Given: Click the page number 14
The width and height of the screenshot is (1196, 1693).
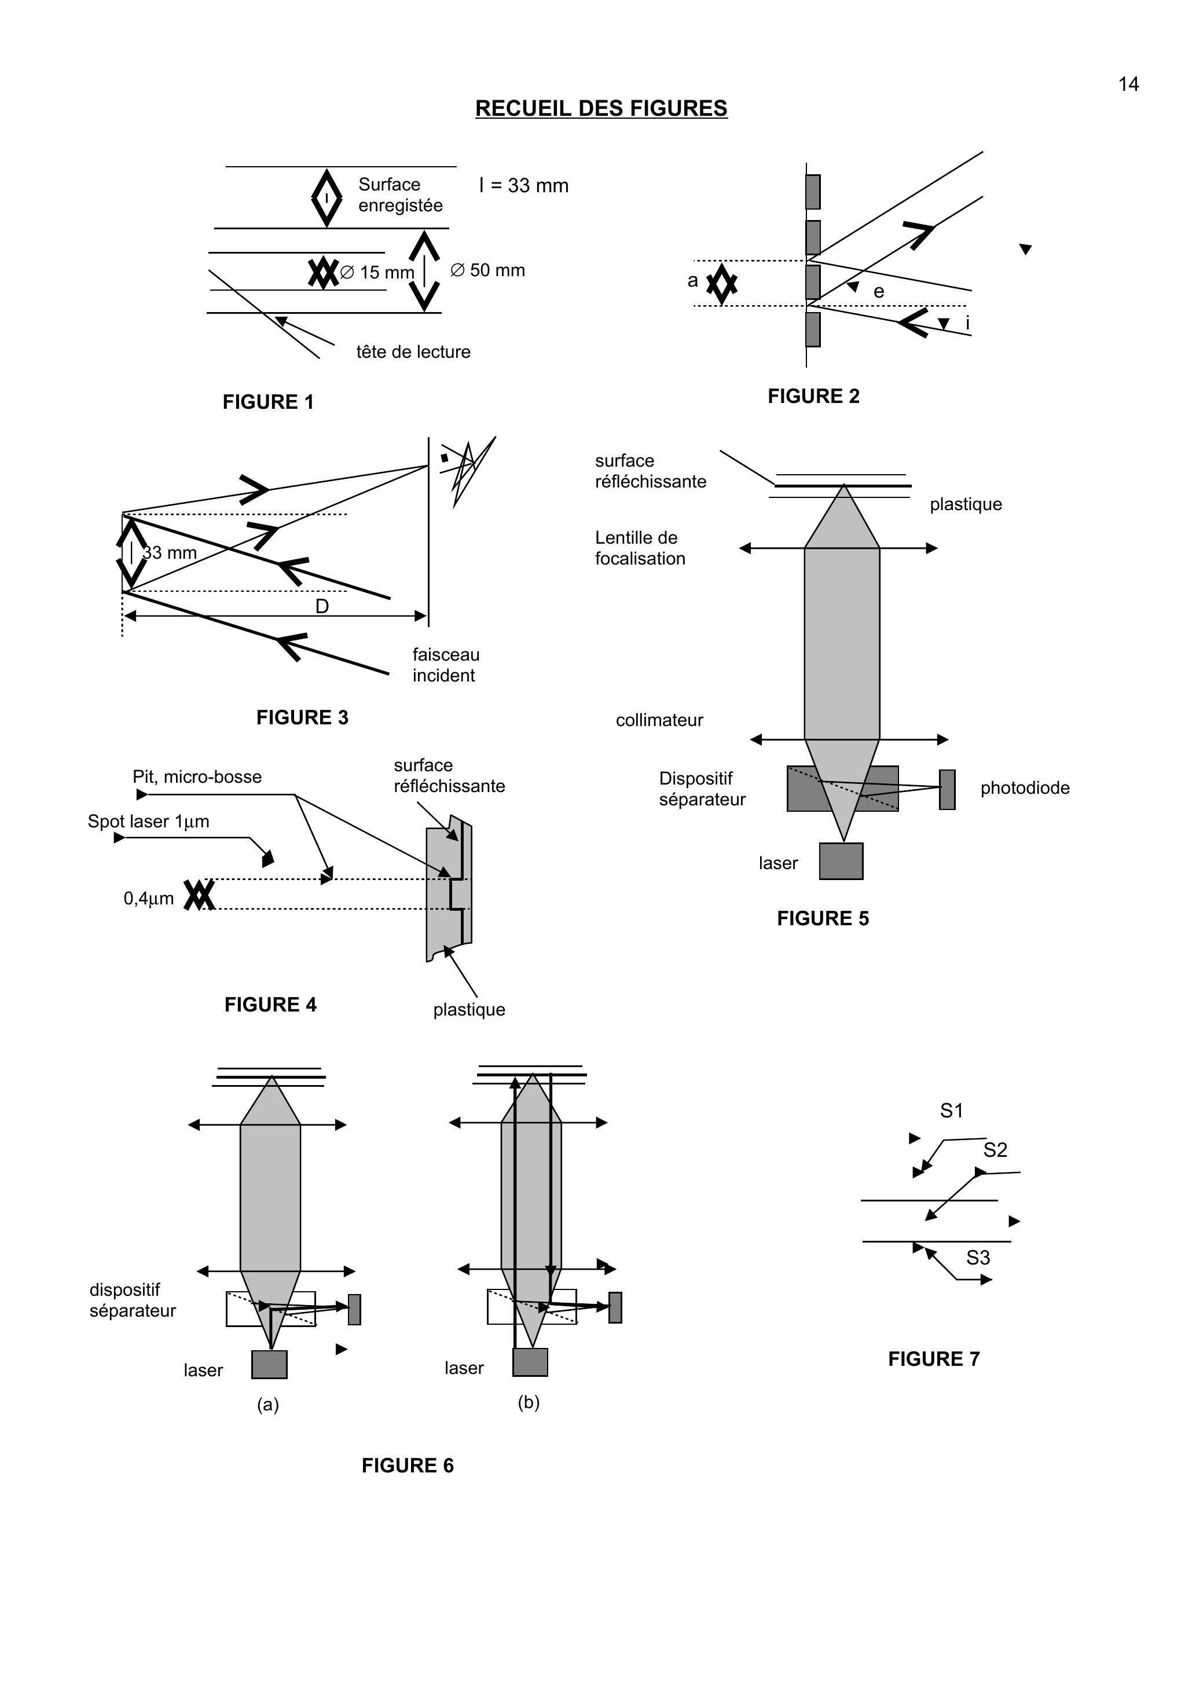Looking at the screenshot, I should coord(1128,85).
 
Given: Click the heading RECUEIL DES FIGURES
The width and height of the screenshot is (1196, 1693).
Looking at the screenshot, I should coord(601,108).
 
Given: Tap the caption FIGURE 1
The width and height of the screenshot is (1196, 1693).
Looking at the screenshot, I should coord(269,402).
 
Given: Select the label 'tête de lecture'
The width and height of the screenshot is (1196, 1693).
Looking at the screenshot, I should coord(413,351).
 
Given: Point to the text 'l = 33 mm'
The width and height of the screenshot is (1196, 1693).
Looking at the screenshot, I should coord(523,186).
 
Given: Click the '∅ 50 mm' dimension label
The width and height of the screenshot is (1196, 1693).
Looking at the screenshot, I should coord(487,270).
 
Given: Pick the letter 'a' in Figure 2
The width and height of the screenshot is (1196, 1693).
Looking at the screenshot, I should coord(692,281).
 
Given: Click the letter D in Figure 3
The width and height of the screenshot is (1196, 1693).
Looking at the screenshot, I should coord(322,606).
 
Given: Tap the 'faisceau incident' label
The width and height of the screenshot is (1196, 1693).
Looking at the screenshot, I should coord(445,665).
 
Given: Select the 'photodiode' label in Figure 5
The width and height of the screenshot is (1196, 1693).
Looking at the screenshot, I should coord(1025,788).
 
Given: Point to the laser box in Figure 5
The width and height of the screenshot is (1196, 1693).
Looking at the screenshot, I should coord(841,861).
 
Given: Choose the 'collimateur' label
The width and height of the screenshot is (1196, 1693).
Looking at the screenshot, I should coord(659,720).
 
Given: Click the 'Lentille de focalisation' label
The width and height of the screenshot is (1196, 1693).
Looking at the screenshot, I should coord(639,548).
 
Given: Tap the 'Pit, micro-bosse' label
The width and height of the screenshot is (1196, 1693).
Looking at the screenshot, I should coord(197,777).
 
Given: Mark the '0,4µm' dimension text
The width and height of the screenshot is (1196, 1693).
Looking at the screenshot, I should coord(149,899).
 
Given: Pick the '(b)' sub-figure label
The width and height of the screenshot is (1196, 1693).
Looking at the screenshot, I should coord(529,1402).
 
